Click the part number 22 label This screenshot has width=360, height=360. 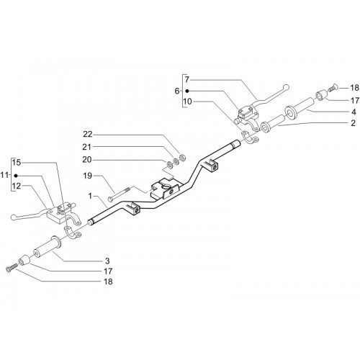pos(88,134)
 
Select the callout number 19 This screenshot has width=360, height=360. pos(88,176)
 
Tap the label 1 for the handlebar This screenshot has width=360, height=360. pos(90,196)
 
